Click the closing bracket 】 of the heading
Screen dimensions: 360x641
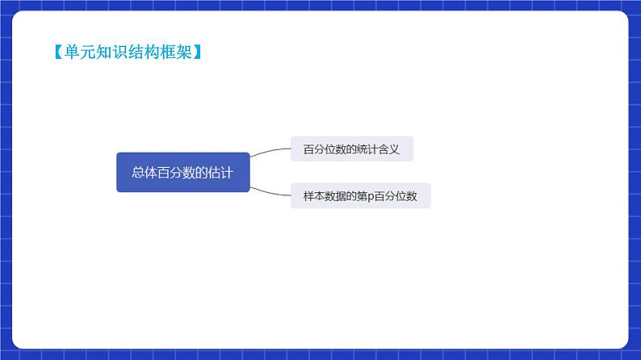[196, 52]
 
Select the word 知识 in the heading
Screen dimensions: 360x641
[104, 52]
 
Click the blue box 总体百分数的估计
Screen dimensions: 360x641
[182, 172]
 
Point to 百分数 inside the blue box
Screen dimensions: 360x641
[177, 172]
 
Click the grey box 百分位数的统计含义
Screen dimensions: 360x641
[351, 149]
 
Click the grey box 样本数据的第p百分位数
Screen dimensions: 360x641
[360, 196]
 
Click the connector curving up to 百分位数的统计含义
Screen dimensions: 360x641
[270, 151]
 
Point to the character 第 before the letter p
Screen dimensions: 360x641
[361, 196]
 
